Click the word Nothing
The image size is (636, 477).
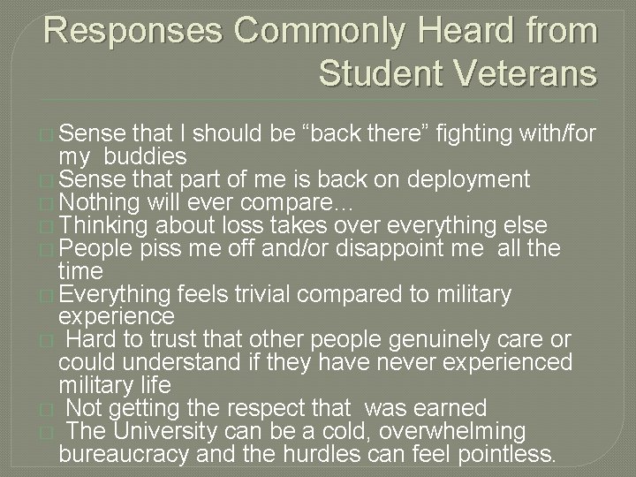(x=98, y=202)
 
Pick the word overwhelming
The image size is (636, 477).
(x=450, y=431)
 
